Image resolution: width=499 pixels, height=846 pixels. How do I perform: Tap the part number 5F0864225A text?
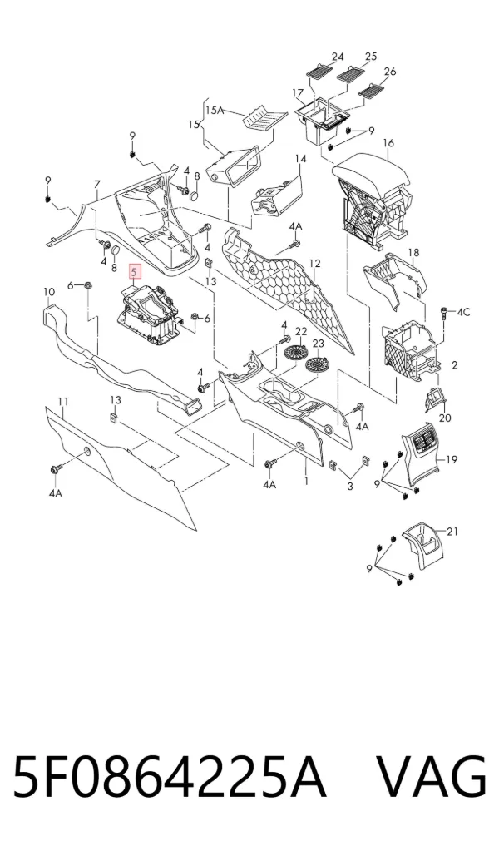[x=170, y=778]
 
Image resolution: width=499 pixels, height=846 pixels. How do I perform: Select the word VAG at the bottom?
[x=431, y=778]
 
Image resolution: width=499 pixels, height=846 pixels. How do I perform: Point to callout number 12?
[x=315, y=264]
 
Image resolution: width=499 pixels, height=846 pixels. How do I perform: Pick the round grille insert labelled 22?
[x=295, y=354]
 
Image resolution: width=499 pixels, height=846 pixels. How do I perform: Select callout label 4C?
[x=463, y=313]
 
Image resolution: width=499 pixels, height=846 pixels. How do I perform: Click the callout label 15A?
[x=215, y=110]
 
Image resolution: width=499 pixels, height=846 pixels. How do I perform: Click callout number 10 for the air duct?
[x=49, y=292]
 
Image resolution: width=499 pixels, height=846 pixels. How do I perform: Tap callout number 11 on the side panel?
[x=63, y=402]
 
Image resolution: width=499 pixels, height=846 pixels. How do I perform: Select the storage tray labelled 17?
[x=321, y=122]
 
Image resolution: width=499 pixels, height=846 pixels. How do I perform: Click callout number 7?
[x=97, y=185]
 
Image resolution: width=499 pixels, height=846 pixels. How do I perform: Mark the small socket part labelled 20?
[x=435, y=398]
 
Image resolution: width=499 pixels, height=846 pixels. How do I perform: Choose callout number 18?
[x=414, y=253]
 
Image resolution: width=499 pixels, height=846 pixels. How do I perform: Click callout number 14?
[x=300, y=159]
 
